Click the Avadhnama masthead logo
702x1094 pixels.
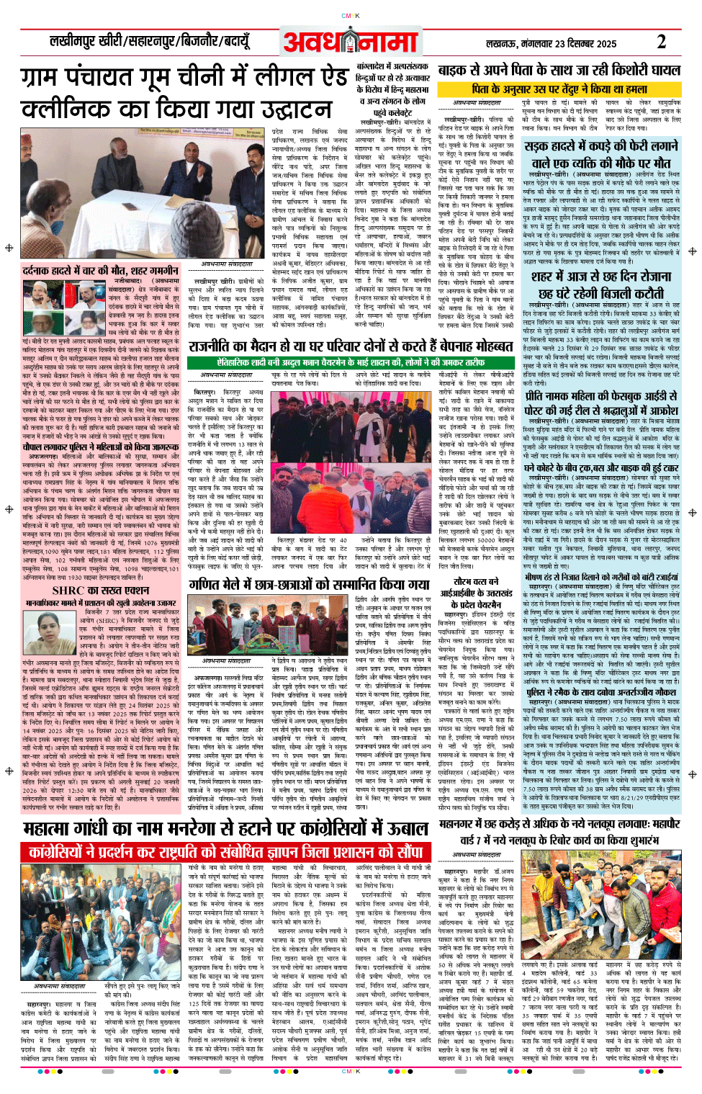(x=351, y=41)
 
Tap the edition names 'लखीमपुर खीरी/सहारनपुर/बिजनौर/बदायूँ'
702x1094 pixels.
(x=148, y=41)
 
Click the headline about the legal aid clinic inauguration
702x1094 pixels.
(x=184, y=92)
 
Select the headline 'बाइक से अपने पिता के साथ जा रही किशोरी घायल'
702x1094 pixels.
(x=559, y=70)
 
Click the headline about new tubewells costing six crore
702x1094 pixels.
(x=559, y=831)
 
